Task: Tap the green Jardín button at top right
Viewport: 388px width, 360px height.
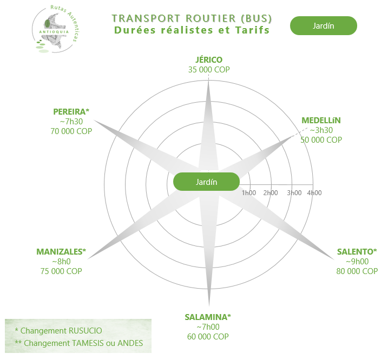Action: [x=323, y=26]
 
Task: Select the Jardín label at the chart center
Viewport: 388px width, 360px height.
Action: [x=206, y=182]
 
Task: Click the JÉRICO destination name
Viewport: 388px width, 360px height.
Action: [x=208, y=60]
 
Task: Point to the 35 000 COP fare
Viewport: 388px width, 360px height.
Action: [x=208, y=70]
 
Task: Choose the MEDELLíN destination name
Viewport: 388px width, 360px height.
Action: [x=321, y=120]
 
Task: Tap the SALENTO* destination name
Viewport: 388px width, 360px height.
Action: [x=356, y=252]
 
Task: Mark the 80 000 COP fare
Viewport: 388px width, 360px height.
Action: [x=357, y=271]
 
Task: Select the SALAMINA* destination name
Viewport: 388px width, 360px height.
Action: [x=208, y=317]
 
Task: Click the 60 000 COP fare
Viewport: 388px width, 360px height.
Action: [x=208, y=336]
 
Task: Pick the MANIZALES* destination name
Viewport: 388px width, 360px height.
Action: [x=61, y=252]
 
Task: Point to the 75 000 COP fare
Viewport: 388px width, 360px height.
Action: [x=61, y=271]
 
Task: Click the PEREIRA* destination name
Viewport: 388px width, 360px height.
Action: [x=71, y=112]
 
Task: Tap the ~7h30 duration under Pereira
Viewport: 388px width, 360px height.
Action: [x=71, y=122]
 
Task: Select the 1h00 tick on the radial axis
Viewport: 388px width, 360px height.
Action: [x=248, y=193]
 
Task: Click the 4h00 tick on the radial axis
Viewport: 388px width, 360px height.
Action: [x=314, y=193]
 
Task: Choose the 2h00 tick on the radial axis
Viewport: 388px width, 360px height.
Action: [x=270, y=193]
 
